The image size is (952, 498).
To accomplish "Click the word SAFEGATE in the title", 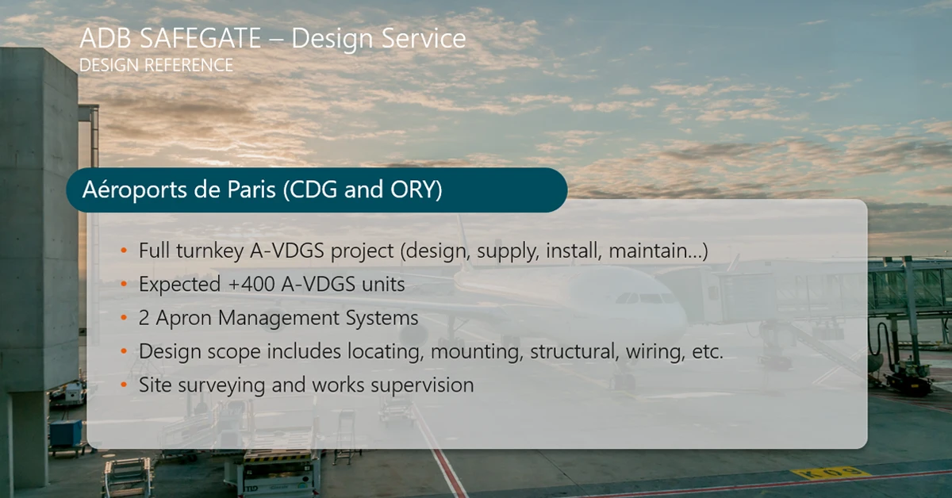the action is pyautogui.click(x=200, y=38).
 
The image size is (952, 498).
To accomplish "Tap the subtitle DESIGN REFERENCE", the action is pyautogui.click(x=156, y=65).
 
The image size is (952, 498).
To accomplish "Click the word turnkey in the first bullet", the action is pyautogui.click(x=210, y=251).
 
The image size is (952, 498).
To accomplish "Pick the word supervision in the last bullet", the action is pyautogui.click(x=422, y=385).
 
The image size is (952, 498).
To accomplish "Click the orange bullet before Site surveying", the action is pyautogui.click(x=124, y=385).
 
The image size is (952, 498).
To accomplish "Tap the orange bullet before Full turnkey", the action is pyautogui.click(x=124, y=251).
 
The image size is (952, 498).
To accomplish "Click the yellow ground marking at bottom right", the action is pyautogui.click(x=830, y=473).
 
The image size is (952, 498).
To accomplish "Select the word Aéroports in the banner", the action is pyautogui.click(x=135, y=190).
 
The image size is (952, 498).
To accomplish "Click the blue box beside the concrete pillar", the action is pyautogui.click(x=66, y=432).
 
